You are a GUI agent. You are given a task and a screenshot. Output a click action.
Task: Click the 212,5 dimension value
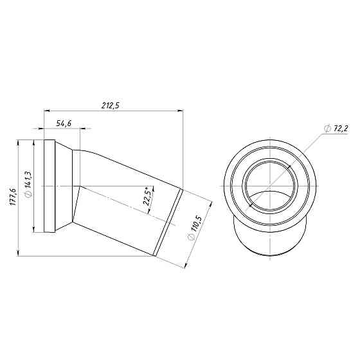point(111,105)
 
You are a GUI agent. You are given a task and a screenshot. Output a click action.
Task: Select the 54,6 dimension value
point(63,123)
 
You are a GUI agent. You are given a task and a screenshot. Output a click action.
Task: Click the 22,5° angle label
point(148,197)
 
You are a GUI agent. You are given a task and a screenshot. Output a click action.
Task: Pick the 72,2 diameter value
point(339,129)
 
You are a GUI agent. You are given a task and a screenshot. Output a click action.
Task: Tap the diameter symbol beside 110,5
point(190,237)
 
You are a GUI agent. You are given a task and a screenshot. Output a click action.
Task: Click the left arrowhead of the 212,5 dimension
point(46,111)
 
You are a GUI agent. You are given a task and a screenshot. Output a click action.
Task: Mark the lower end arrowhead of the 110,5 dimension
point(186,264)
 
